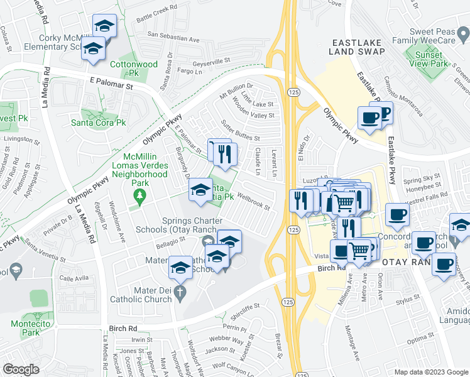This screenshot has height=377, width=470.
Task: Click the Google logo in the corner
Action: click(21, 369)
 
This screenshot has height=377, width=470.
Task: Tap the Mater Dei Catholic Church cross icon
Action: click(180, 292)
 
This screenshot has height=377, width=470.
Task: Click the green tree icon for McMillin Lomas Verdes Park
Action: click(138, 199)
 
